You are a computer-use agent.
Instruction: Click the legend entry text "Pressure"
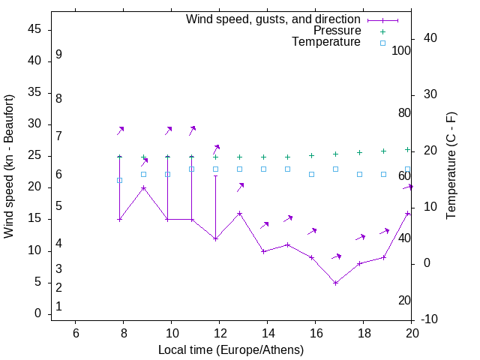[x=337, y=31]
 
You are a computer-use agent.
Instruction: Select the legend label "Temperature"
[x=326, y=42]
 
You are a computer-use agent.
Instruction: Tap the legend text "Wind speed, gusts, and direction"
[x=274, y=19]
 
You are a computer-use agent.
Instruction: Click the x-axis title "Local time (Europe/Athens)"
[x=231, y=349]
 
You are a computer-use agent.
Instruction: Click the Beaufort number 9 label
[x=58, y=55]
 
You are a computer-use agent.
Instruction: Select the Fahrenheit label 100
[x=402, y=50]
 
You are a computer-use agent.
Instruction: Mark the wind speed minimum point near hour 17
[x=335, y=283]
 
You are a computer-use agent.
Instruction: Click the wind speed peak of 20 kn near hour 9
[x=143, y=187]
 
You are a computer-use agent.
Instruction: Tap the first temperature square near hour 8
[x=119, y=180]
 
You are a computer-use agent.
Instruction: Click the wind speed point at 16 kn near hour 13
[x=239, y=213]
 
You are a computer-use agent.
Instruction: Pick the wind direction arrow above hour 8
[x=120, y=130]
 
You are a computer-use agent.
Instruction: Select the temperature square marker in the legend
[x=382, y=43]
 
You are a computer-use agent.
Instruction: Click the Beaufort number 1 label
[x=58, y=306]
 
